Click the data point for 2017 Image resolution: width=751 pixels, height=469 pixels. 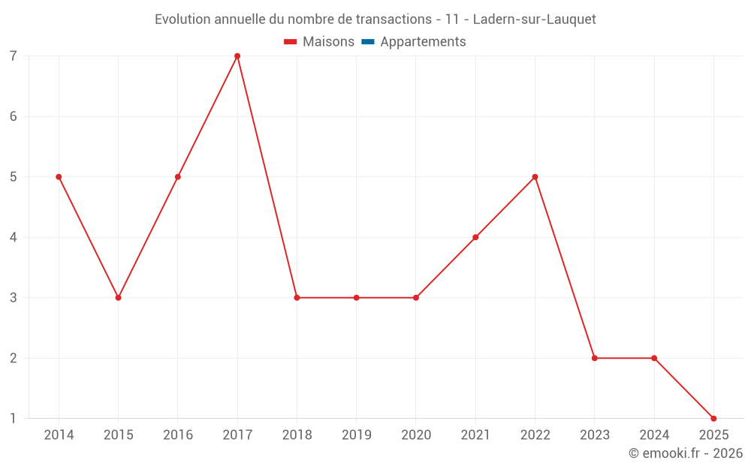coord(237,56)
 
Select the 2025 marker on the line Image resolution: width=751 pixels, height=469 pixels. coord(713,418)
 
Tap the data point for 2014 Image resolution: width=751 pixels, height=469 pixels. coord(59,177)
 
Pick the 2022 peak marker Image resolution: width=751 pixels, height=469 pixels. coord(535,177)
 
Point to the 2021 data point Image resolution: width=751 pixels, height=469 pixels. coord(475,237)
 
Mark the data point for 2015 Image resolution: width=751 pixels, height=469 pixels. coord(118,298)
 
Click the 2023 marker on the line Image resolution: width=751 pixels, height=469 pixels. coord(594,358)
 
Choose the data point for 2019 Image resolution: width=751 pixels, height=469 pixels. coord(356,298)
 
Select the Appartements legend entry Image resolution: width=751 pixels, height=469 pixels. coord(423,42)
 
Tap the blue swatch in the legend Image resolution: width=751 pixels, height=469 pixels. coord(367,42)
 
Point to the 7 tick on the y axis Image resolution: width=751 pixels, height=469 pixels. coord(14,56)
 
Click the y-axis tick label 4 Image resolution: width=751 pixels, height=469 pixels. coord(14,237)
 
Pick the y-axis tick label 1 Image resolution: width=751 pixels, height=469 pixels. coord(14,418)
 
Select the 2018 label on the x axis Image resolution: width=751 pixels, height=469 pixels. coord(297,435)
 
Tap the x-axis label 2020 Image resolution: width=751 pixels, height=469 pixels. coord(416,435)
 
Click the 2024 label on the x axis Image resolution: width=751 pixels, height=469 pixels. coord(654,435)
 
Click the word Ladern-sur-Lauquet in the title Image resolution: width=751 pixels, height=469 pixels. coord(535,20)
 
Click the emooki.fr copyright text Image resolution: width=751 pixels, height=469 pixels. coord(686,453)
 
